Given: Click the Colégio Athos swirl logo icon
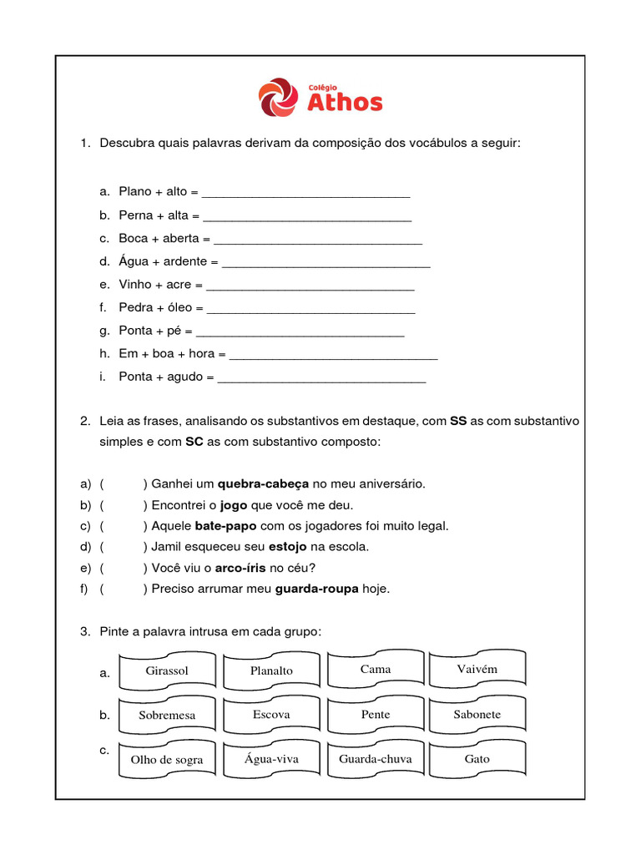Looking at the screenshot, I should point(277,97).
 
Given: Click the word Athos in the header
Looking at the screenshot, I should point(345,103).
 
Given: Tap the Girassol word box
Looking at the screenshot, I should point(167,671).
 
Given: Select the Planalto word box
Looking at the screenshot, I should point(271,671).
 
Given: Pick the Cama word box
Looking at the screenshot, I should point(376,670).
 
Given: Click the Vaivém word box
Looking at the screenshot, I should point(477,670).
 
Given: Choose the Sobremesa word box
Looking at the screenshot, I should point(167,716).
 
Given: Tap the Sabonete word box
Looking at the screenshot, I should point(477,715).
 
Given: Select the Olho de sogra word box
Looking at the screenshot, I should point(167,760).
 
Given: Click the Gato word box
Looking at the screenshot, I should point(477,759).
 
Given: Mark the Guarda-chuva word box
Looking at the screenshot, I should point(376,759).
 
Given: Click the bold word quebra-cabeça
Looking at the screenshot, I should point(263,483).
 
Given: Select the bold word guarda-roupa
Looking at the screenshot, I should point(316,589).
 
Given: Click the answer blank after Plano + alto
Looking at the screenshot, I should point(305,192).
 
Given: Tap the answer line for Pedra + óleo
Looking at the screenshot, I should point(310,308).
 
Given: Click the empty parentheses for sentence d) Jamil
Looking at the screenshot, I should point(123,547).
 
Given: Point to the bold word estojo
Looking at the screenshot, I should point(287,547).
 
